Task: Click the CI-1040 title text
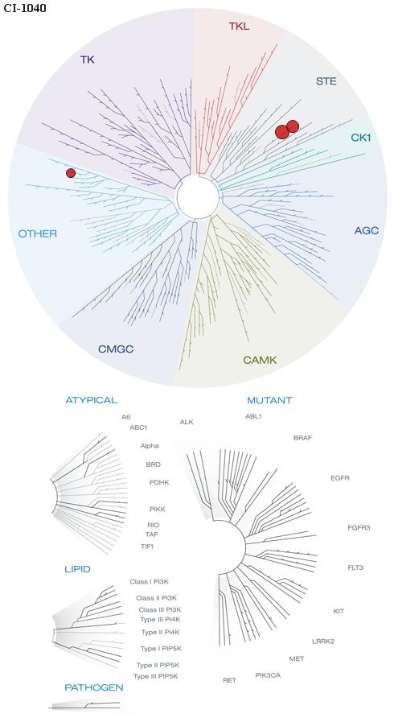[x=25, y=8]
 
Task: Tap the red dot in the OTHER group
[x=71, y=173]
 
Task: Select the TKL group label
[x=240, y=26]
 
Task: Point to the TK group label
[x=88, y=60]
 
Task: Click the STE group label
[x=326, y=81]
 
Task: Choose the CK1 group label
[x=361, y=137]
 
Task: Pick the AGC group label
[x=367, y=231]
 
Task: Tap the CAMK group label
[x=260, y=360]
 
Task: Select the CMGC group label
[x=116, y=349]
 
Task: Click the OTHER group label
[x=38, y=234]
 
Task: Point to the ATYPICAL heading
[x=92, y=400]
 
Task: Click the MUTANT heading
[x=269, y=401]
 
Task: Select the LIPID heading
[x=77, y=569]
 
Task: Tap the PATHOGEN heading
[x=94, y=687]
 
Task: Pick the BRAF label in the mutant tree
[x=302, y=438]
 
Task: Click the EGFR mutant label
[x=340, y=478]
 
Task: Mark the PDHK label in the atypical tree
[x=159, y=482]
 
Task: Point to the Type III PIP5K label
[x=155, y=676]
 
